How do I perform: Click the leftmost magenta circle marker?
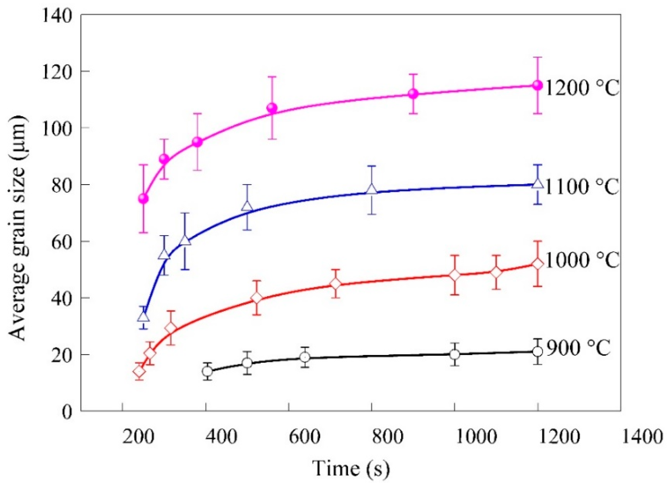(143, 199)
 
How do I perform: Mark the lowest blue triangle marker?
(143, 317)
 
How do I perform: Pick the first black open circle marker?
(207, 372)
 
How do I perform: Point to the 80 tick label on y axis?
(62, 185)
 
